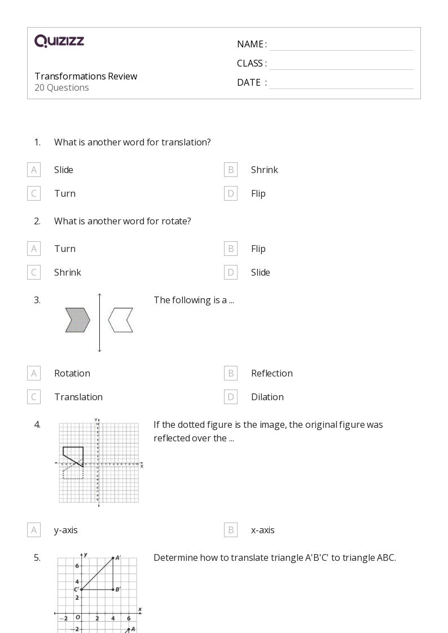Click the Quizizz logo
coord(59,41)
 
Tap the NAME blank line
coord(341,45)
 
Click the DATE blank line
coord(341,83)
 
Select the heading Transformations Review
coord(86,76)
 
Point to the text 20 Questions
coord(62,87)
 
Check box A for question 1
coord(34,170)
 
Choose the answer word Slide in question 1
coord(64,170)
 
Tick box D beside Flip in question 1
coord(231,193)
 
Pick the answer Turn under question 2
coord(65,249)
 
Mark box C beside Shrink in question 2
coord(34,272)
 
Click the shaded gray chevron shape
coord(77,320)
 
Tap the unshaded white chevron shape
coord(121,320)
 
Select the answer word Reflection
coord(272,373)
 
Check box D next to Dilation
coord(231,397)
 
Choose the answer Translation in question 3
coord(78,397)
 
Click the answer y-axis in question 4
coord(66,530)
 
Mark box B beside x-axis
coord(231,530)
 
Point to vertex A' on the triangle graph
coord(113,558)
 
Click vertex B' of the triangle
coord(113,590)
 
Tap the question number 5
coord(37,557)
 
